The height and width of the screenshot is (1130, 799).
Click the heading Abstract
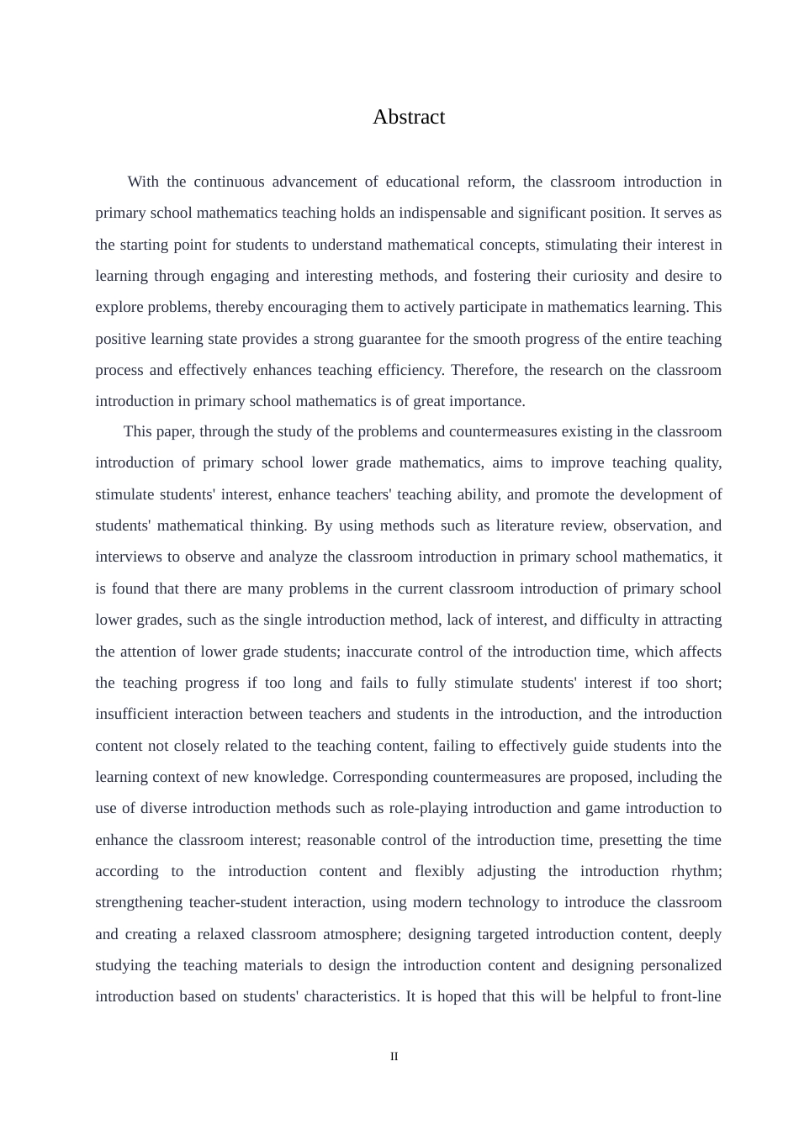409,117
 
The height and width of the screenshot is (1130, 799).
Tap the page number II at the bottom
394,1056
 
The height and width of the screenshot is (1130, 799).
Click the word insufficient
131,714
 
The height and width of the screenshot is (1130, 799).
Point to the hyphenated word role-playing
428,808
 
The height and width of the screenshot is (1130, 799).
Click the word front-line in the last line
693,996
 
